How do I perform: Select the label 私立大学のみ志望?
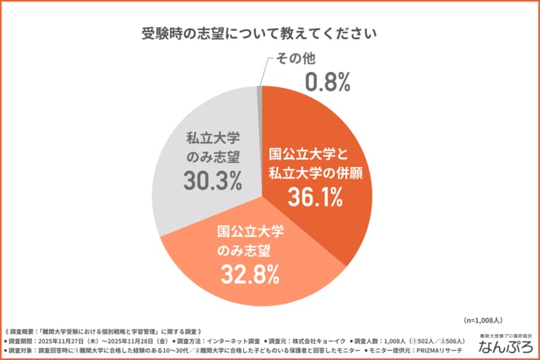pos(213,147)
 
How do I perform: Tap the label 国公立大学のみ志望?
pos(250,240)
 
